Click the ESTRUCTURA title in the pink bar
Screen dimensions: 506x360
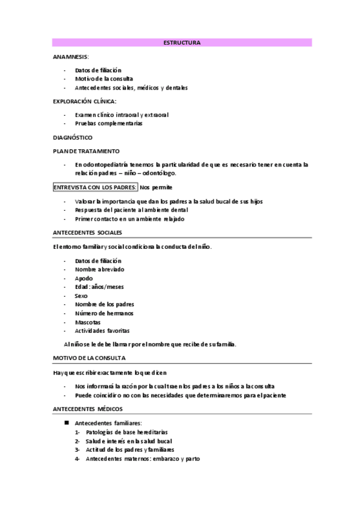pyautogui.click(x=181, y=43)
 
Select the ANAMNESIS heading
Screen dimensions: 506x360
pyautogui.click(x=70, y=57)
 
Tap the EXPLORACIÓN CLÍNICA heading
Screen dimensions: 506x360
pyautogui.click(x=85, y=101)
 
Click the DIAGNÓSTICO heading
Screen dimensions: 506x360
pyautogui.click(x=73, y=137)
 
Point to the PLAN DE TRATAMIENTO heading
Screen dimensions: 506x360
pyautogui.click(x=86, y=151)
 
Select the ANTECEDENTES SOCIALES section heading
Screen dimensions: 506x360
pyautogui.click(x=87, y=232)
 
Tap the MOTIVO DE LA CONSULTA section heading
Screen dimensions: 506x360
pyautogui.click(x=89, y=358)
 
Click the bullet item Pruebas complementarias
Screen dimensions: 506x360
pyautogui.click(x=109, y=124)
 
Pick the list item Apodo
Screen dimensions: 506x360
pyautogui.click(x=84, y=278)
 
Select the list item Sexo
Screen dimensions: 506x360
pyautogui.click(x=81, y=295)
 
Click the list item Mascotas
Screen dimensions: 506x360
pyautogui.click(x=88, y=322)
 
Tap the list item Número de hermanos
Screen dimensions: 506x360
pyautogui.click(x=104, y=313)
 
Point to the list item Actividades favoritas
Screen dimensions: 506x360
pyautogui.click(x=102, y=331)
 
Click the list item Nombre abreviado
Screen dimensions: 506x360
pyautogui.click(x=100, y=269)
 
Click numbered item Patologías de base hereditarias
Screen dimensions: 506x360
pyautogui.click(x=127, y=432)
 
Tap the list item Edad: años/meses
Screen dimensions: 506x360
pyautogui.click(x=99, y=286)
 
